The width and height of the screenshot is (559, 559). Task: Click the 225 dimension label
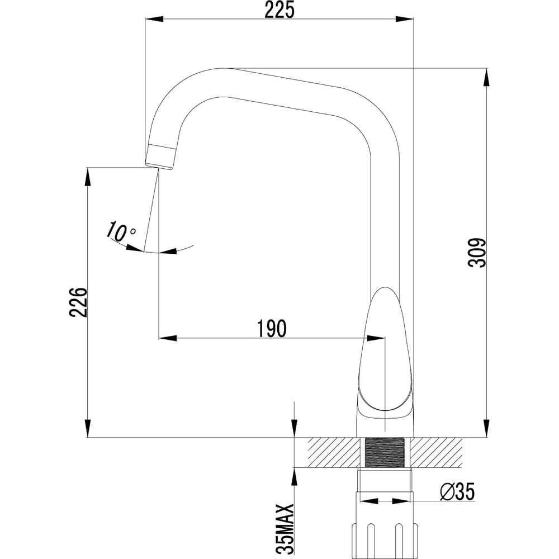point(279,10)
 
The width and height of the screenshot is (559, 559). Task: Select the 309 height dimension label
point(477,253)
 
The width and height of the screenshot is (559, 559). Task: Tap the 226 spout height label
point(78,302)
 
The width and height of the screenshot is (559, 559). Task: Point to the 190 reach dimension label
point(272,328)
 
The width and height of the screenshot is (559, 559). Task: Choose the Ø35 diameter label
point(457,492)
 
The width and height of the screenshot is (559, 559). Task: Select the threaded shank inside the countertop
point(385,452)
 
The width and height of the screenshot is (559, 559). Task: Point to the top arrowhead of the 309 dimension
point(486,77)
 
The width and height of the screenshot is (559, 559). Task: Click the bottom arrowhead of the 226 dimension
point(88,428)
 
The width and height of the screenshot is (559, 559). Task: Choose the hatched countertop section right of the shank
point(436,452)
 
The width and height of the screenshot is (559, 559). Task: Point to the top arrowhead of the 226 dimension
point(88,177)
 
